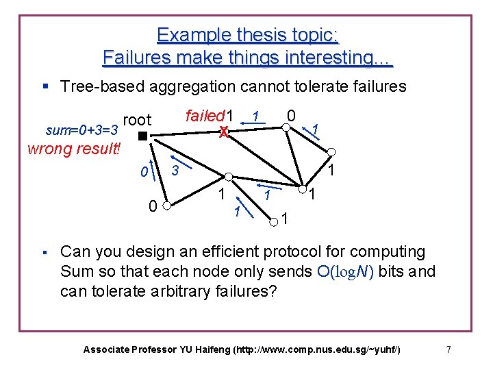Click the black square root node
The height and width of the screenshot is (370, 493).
point(142,136)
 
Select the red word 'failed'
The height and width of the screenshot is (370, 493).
point(205,115)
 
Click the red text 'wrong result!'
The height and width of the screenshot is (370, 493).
point(73,149)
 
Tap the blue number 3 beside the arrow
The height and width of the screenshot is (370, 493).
point(175,170)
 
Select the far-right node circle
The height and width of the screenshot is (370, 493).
point(330,152)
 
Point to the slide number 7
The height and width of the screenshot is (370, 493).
point(448,349)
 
